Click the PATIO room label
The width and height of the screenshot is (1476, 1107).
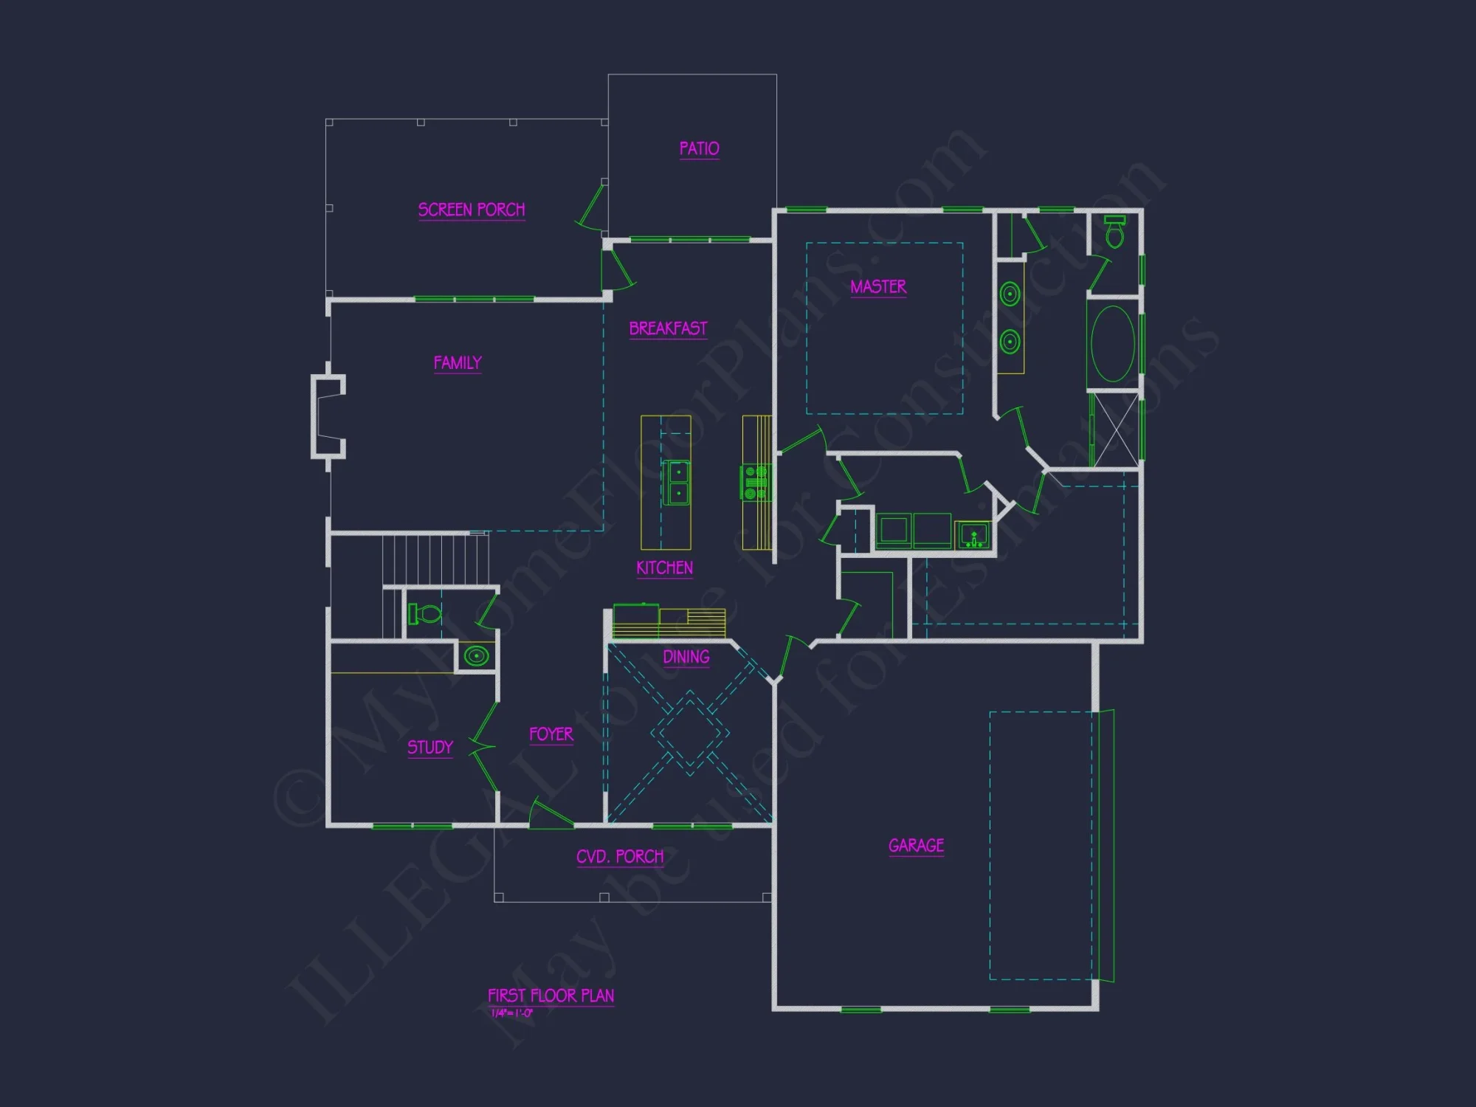click(699, 148)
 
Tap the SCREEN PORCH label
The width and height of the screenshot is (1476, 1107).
click(472, 210)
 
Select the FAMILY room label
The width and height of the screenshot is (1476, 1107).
click(458, 363)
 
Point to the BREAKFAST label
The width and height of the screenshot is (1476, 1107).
click(668, 328)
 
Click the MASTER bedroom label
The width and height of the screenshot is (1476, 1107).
click(878, 286)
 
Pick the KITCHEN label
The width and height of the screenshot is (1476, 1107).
click(664, 568)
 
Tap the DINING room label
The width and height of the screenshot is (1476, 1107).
click(686, 657)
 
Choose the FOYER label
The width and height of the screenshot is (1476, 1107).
click(551, 734)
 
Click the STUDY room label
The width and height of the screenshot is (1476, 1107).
click(430, 747)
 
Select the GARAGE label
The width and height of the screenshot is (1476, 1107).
click(916, 846)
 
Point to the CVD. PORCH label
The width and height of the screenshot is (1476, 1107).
click(620, 857)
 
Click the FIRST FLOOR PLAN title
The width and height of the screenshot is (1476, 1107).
click(551, 996)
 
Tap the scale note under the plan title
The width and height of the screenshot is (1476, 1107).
click(511, 1013)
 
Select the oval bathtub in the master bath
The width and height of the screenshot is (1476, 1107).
click(1113, 344)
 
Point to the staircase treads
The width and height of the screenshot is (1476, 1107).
click(435, 559)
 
